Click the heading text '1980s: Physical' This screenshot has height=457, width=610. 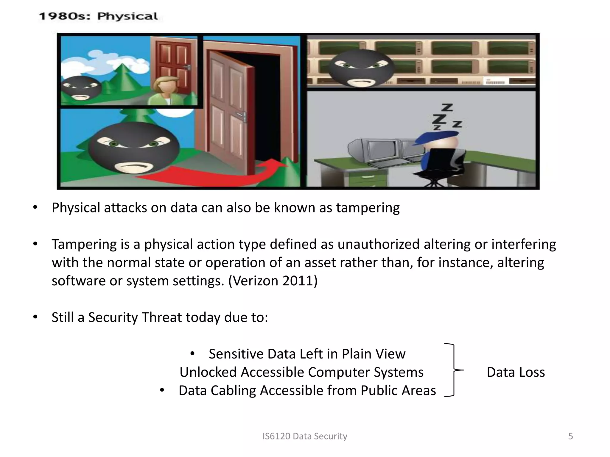(98, 16)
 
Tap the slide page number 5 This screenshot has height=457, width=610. (570, 436)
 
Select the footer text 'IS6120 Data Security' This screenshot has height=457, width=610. (305, 436)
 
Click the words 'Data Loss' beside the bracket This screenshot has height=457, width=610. (516, 372)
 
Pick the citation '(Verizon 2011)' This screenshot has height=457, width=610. (273, 281)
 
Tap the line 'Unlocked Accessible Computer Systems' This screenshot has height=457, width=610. (301, 372)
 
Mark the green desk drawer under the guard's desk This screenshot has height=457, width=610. (368, 178)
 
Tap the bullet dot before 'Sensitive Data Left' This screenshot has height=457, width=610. (192, 354)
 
